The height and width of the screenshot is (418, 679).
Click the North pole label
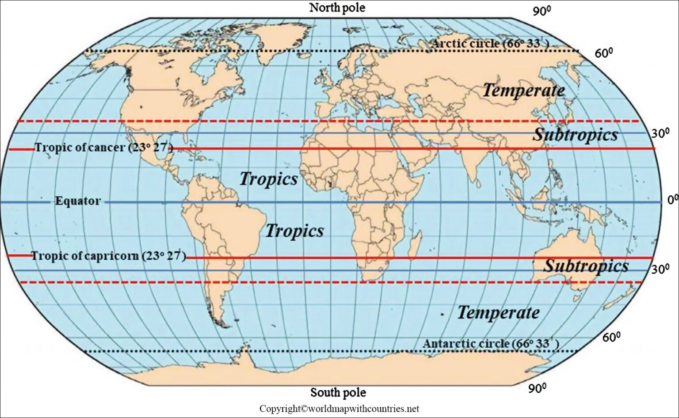[x=337, y=8]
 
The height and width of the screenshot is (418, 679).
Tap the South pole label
[x=338, y=392]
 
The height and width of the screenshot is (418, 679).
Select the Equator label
[x=77, y=201]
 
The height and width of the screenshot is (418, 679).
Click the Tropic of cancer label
[x=103, y=148]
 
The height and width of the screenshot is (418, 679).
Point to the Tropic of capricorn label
[x=108, y=256]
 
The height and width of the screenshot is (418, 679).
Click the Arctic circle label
[x=491, y=44]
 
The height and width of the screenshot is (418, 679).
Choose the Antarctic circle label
[x=491, y=344]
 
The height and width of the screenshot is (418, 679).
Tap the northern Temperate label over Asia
[x=523, y=91]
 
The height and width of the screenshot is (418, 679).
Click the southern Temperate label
[x=498, y=313]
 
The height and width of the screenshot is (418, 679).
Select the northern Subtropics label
[x=575, y=134]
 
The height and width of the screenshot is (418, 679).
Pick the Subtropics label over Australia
[x=586, y=266]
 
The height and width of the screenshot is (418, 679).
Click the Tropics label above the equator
[x=268, y=179]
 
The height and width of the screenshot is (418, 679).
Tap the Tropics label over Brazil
[x=294, y=231]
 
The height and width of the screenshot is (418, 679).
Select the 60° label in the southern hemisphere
[x=611, y=338]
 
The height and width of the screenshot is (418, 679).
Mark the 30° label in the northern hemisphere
[x=660, y=133]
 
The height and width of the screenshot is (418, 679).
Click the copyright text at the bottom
[x=339, y=409]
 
